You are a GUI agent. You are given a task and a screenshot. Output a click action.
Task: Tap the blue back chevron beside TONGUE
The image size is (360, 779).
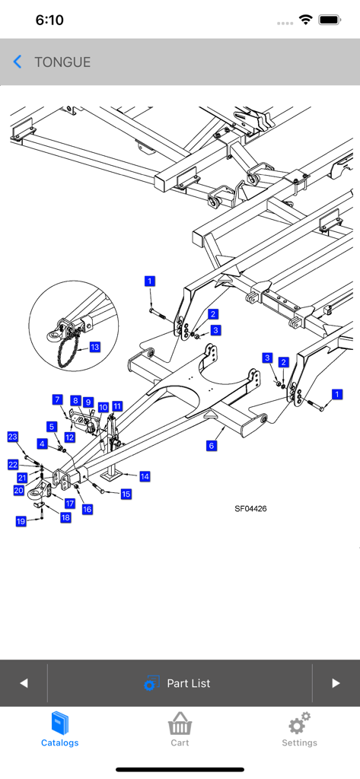click(x=18, y=62)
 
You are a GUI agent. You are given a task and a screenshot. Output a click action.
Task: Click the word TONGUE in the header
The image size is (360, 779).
click(x=62, y=62)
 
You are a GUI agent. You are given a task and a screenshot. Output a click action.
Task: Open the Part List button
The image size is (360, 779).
click(x=179, y=683)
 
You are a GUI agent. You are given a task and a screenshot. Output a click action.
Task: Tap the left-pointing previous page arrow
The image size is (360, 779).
click(x=24, y=683)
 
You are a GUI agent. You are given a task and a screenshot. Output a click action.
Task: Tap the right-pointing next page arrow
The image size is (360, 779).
click(x=336, y=683)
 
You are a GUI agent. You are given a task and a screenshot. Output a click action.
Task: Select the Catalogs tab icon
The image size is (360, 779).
click(x=59, y=723)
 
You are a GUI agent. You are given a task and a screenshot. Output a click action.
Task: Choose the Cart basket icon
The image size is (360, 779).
click(x=179, y=723)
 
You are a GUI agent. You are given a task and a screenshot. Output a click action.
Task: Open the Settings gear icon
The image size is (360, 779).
click(x=299, y=723)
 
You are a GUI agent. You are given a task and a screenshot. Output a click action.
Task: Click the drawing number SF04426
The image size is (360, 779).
click(x=250, y=509)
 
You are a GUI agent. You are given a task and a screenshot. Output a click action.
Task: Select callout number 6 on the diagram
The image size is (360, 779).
click(x=212, y=446)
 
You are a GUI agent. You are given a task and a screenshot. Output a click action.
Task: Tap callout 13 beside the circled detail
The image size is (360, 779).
click(x=94, y=347)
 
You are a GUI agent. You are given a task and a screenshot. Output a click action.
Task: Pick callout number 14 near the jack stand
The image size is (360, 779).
click(x=145, y=476)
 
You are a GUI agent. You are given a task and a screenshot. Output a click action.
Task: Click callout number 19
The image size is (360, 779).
click(x=21, y=521)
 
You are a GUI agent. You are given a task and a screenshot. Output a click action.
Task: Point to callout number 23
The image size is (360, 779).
click(x=13, y=436)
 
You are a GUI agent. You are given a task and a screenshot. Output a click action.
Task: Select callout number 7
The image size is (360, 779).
click(x=57, y=399)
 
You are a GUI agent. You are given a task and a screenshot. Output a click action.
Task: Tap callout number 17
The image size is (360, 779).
click(x=69, y=503)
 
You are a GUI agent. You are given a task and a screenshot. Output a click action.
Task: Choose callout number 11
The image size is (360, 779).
click(x=117, y=407)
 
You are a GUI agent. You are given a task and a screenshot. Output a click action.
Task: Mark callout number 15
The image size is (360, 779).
click(x=126, y=494)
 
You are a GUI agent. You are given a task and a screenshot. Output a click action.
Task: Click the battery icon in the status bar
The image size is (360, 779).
click(x=330, y=20)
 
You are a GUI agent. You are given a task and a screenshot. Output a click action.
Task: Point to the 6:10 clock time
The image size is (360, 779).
click(x=49, y=21)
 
